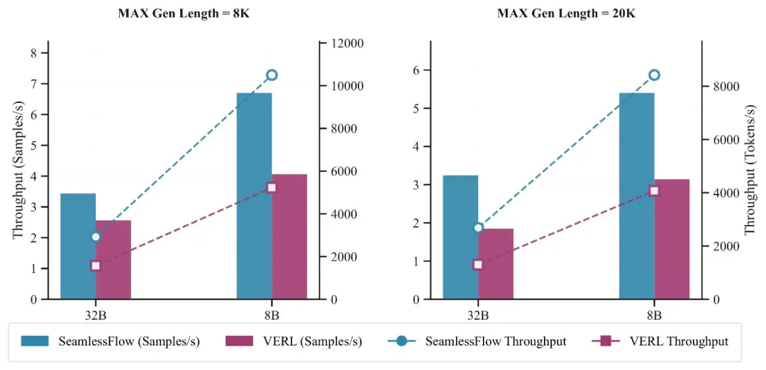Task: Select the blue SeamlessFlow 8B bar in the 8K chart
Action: click(254, 196)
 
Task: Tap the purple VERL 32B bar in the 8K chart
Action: click(113, 260)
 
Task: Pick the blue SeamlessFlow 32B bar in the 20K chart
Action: click(460, 237)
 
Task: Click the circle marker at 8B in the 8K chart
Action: click(272, 75)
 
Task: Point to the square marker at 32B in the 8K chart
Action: click(96, 266)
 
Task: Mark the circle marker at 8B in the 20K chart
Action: click(654, 75)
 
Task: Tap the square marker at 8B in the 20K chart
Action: click(654, 190)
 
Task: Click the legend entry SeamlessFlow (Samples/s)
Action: click(110, 342)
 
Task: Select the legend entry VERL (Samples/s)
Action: click(293, 342)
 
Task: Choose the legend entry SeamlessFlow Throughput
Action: click(477, 342)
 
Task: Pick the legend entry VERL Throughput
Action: click(660, 342)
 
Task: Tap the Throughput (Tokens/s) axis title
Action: click(750, 170)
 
